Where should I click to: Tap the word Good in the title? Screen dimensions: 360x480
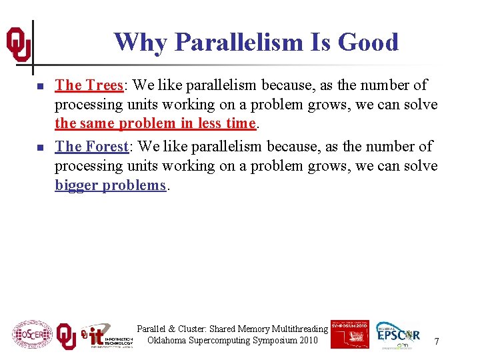coord(368,43)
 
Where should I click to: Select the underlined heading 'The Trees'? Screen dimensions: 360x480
coord(89,85)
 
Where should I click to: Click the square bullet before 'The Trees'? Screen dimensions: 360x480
coord(40,87)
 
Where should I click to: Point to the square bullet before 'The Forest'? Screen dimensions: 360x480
coord(40,147)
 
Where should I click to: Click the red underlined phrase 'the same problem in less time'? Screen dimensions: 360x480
coord(155,124)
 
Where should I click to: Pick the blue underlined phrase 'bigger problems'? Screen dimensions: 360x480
coord(110,185)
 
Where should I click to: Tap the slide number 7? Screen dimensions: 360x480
coord(436,341)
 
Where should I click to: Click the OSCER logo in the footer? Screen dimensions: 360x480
coord(32,334)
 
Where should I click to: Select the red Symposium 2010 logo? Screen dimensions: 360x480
coord(349,333)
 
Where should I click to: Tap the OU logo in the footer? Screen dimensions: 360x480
coord(66,336)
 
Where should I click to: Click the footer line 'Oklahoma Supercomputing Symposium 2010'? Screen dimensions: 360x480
coord(233,341)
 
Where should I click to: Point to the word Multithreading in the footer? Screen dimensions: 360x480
coord(300,329)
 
